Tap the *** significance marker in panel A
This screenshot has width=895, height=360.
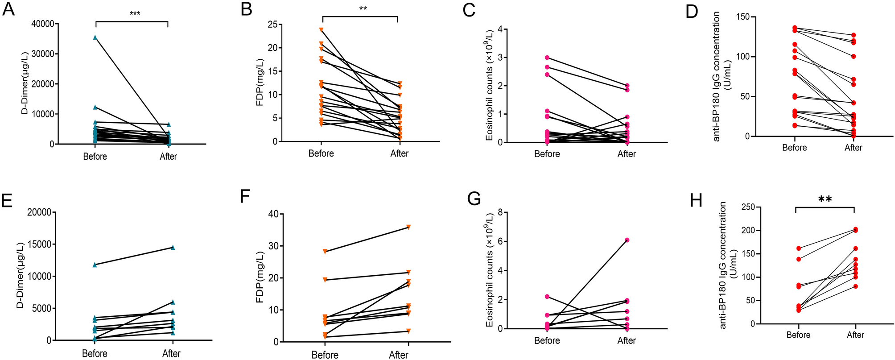(x=135, y=14)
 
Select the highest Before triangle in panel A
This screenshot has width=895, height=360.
(x=95, y=37)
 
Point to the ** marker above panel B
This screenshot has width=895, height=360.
(x=363, y=9)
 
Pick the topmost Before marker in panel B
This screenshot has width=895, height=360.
(x=321, y=30)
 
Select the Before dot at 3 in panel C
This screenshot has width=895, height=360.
(x=547, y=58)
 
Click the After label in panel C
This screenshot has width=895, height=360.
(x=627, y=154)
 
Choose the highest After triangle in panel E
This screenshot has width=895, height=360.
(x=173, y=248)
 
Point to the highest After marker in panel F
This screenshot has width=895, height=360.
(x=408, y=227)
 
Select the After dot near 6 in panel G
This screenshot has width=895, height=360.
(x=627, y=240)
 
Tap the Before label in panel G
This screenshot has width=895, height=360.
(x=547, y=341)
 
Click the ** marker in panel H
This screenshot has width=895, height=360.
(x=825, y=199)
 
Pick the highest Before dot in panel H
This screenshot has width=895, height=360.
(x=798, y=248)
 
